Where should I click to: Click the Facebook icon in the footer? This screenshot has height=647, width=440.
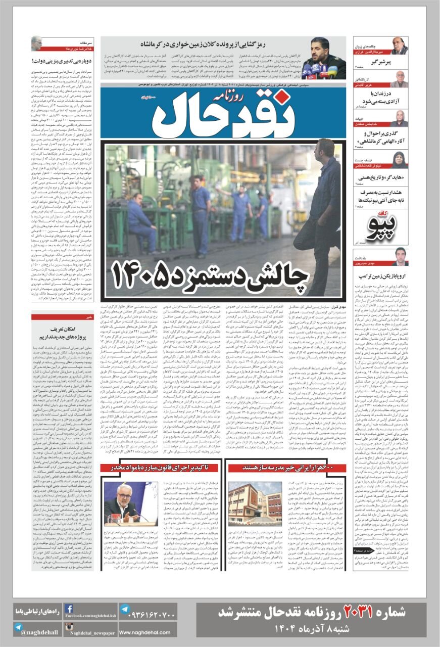coord(70,609)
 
